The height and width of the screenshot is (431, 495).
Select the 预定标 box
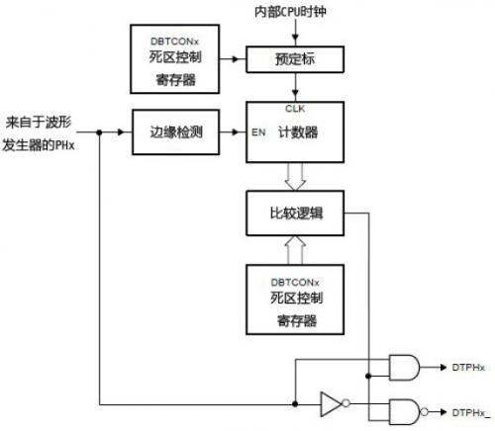[x=294, y=61]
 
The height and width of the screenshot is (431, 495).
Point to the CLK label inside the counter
[x=294, y=107]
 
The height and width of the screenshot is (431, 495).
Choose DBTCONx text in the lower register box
[x=294, y=280]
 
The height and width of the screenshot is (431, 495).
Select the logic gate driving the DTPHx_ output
[x=404, y=410]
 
